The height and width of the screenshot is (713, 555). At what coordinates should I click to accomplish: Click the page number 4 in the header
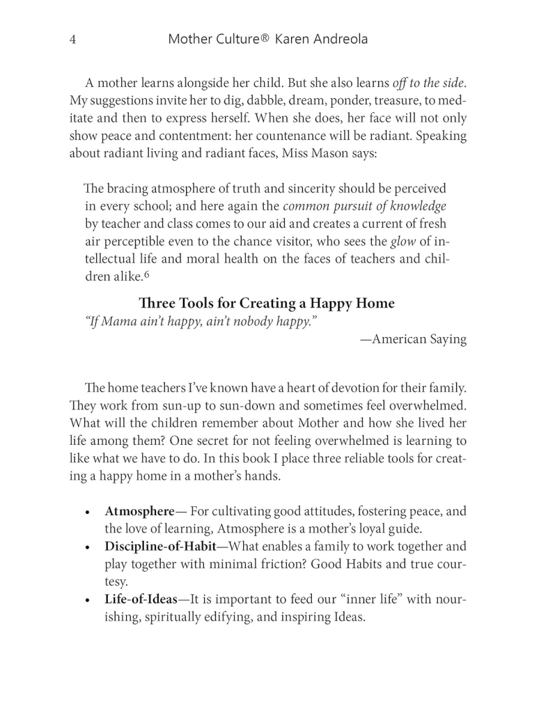coord(73,40)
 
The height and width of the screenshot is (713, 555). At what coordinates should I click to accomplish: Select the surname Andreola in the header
coord(333,40)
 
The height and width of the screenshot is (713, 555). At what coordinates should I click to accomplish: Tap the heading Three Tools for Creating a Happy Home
coord(267,304)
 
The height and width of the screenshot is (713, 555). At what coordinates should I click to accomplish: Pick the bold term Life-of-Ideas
coord(141,600)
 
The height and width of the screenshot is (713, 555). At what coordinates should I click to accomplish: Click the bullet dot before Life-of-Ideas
coord(87,600)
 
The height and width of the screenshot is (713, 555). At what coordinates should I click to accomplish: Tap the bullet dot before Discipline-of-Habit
coord(87,547)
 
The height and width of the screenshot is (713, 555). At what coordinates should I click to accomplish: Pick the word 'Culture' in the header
coord(228,40)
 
